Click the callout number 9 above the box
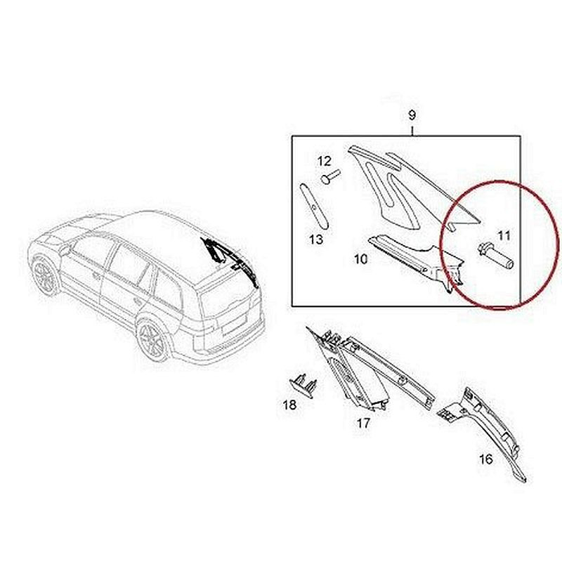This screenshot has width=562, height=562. click(x=412, y=115)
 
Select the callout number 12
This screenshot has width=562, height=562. click(x=325, y=161)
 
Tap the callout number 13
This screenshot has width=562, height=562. click(x=316, y=239)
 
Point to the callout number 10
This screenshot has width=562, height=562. click(x=360, y=259)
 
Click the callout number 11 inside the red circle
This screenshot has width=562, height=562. click(x=504, y=235)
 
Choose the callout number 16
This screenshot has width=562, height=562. click(x=486, y=459)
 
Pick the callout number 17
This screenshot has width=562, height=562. click(x=362, y=424)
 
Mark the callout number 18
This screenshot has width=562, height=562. click(x=289, y=405)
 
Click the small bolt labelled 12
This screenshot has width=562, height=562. click(x=331, y=176)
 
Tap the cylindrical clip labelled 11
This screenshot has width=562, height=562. click(x=496, y=257)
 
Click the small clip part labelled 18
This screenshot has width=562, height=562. click(x=303, y=385)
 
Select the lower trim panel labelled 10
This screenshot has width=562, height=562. click(x=416, y=261)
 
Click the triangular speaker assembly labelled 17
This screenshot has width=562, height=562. click(x=370, y=370)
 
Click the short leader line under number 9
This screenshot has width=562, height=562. click(x=412, y=131)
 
